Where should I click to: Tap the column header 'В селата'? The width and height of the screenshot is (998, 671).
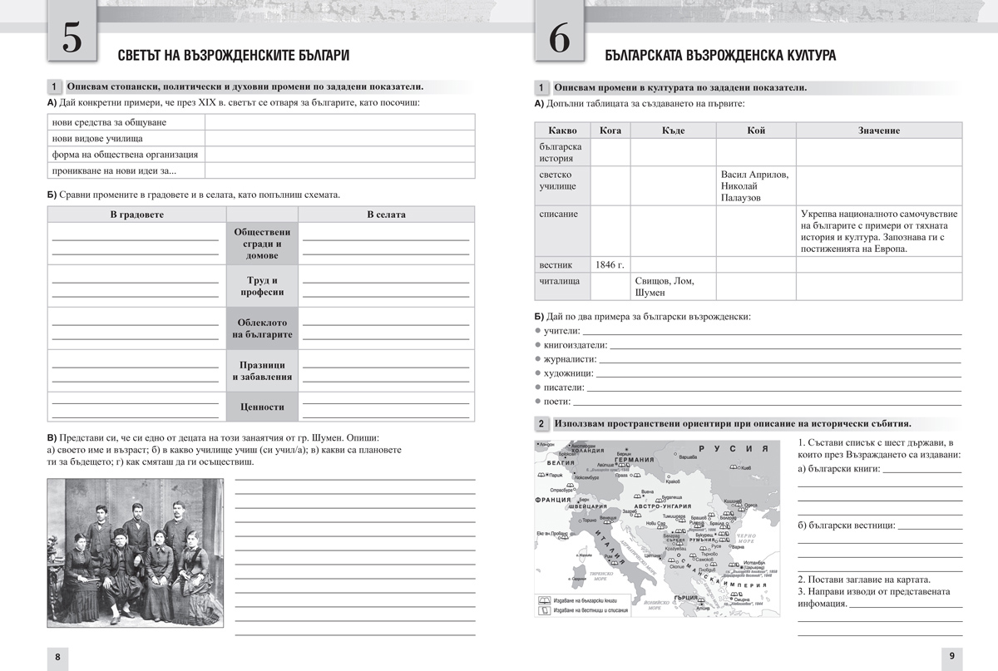386,215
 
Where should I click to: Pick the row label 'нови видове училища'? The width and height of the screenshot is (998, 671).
96,138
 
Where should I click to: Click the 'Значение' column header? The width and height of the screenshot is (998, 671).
878,131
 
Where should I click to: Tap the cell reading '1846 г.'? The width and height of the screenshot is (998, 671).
610,265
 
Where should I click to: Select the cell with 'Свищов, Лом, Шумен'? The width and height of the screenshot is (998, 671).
672,287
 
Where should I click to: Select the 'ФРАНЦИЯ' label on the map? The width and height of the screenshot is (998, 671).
555,500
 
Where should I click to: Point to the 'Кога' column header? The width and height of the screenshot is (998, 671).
610,131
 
